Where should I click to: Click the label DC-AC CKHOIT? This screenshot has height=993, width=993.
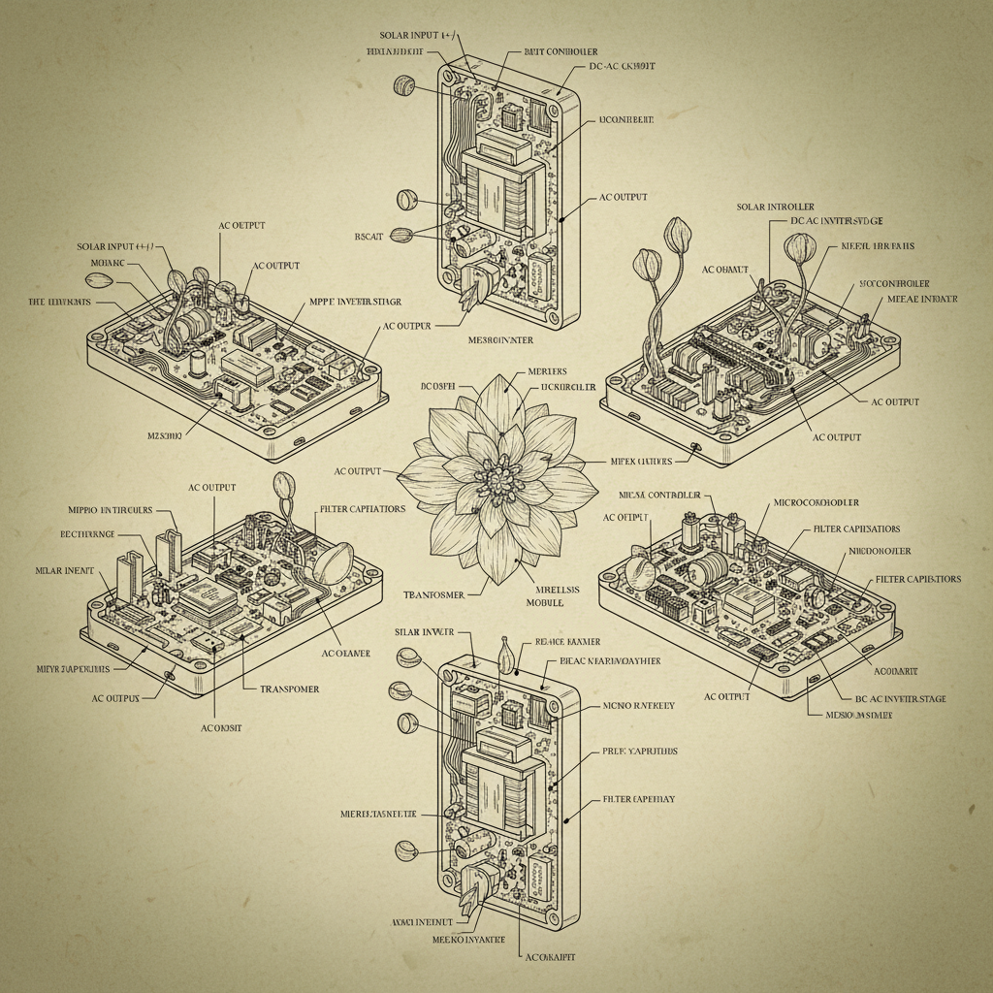(622, 66)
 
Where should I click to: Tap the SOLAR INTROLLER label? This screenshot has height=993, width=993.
(775, 207)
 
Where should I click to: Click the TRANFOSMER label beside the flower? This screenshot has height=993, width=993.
(432, 593)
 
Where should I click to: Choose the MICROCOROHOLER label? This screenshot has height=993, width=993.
(816, 503)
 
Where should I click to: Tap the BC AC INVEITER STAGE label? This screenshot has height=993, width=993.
(901, 698)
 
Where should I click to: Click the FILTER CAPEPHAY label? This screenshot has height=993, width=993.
(639, 798)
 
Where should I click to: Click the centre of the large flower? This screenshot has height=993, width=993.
(499, 475)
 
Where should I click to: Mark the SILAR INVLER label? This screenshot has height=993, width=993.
(425, 632)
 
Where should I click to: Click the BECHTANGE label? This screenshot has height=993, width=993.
(87, 534)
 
